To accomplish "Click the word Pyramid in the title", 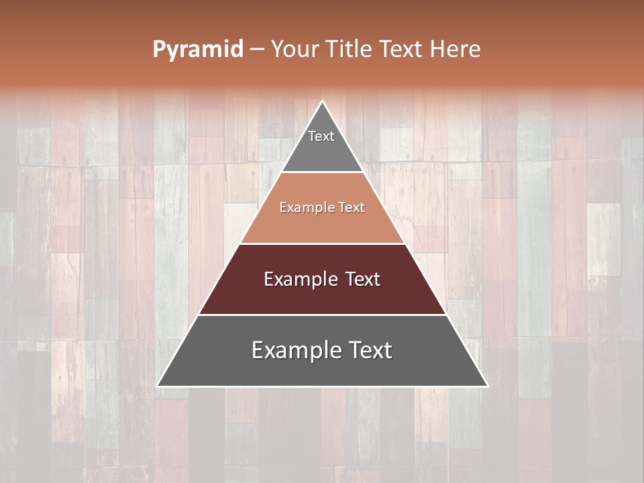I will click(197, 50).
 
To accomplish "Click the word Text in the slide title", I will click(402, 49).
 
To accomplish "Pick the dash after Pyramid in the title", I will click(257, 50).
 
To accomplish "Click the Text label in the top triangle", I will click(321, 136).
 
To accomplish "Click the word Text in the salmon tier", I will click(352, 208).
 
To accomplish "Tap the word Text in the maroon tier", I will click(363, 279).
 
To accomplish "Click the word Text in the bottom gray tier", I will click(371, 350).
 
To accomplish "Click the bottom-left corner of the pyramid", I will click(158, 386).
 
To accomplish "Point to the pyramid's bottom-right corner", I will click(488, 386).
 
